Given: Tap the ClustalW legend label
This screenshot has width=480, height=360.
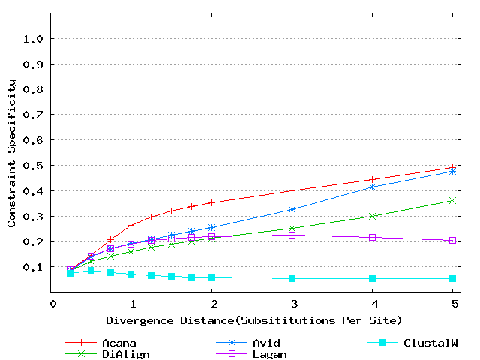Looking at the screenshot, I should click(x=430, y=343).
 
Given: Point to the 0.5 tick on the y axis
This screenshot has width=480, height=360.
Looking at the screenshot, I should click(x=34, y=165).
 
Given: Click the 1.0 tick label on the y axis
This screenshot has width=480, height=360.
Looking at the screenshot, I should click(x=34, y=38).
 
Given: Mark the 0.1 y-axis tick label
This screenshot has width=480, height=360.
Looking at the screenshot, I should click(x=34, y=267).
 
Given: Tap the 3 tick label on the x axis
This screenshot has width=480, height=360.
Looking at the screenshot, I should click(x=292, y=304).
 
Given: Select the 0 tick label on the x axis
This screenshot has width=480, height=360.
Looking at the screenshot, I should click(x=53, y=304).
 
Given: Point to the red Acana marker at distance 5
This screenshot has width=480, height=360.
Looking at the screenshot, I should click(x=453, y=167).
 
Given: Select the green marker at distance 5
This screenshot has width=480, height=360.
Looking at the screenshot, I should click(x=453, y=200).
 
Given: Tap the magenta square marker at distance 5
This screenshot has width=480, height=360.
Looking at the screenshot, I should click(x=453, y=241).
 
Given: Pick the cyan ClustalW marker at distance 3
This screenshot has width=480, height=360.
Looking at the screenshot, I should click(x=292, y=279).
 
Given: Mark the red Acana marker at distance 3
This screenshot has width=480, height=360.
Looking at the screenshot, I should click(x=292, y=190).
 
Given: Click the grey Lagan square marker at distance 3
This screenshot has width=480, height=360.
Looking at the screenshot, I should click(x=292, y=235).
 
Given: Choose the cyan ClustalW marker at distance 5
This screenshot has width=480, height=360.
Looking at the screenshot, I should click(x=453, y=279).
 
